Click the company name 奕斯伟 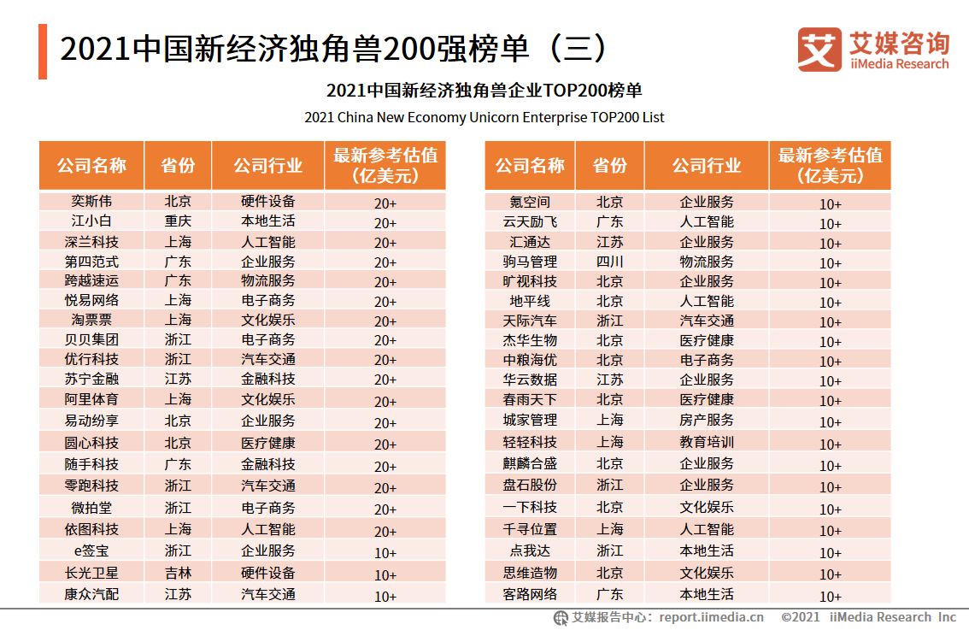[91, 202]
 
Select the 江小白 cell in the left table [91, 221]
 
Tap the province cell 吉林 [178, 573]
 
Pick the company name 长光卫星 [91, 573]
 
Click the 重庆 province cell [178, 221]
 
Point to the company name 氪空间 [530, 203]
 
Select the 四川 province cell [609, 262]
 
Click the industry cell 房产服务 [707, 421]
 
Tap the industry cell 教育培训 [707, 442]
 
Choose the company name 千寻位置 [530, 530]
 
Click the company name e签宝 [91, 551]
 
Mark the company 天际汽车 [530, 321]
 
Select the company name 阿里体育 [91, 399]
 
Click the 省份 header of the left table [178, 166]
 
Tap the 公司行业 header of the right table [707, 166]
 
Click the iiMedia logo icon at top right [819, 50]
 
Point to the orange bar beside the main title [43, 51]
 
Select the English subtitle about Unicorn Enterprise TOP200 [484, 117]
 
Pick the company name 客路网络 [530, 594]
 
